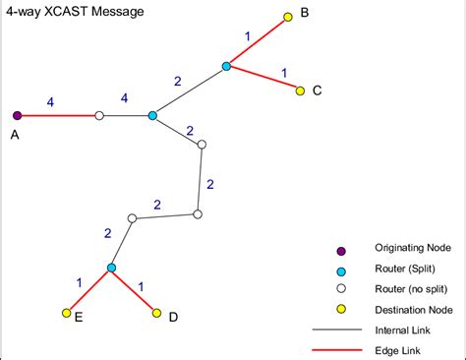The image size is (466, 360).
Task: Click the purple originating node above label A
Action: click(18, 115)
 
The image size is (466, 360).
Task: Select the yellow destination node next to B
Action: click(288, 17)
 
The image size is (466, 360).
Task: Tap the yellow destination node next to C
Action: click(301, 90)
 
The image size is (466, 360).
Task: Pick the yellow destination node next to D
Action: click(156, 313)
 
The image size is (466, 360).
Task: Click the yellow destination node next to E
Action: click(66, 313)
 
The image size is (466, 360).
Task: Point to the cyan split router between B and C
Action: click(226, 66)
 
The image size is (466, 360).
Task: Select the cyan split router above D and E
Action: click(111, 268)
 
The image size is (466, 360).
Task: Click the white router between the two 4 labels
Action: click(98, 115)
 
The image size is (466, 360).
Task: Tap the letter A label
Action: click(16, 136)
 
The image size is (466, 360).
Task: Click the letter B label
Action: click(304, 13)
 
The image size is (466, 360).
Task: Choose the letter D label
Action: click(173, 317)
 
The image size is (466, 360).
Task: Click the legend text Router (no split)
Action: click(411, 289)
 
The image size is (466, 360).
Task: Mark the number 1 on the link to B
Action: click(248, 36)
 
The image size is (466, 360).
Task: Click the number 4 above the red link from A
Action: click(51, 100)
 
